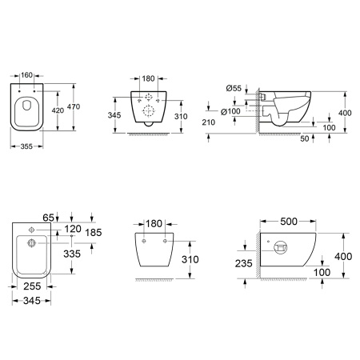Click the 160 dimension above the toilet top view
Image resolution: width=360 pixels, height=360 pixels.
pos(26,75)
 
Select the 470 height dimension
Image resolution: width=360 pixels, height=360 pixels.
pos(74,106)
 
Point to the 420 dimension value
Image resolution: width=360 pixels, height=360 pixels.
pos(58,110)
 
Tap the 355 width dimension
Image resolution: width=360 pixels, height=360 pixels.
pos(26,146)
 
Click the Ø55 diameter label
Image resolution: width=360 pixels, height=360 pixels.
pos(234,88)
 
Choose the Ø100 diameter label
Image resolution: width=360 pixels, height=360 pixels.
pos(230,111)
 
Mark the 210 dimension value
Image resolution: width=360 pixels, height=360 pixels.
pos(208,122)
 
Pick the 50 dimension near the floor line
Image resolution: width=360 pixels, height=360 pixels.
pos(305,138)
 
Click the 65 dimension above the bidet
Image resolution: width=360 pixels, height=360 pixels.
pos(48,218)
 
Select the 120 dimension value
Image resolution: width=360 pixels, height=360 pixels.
pos(73,229)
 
